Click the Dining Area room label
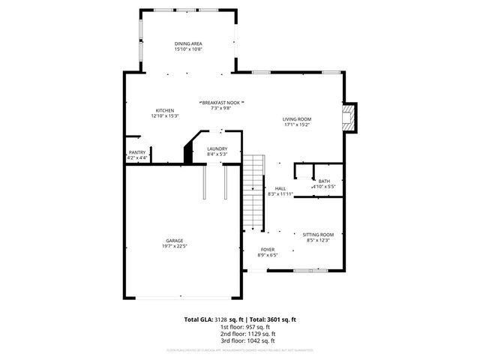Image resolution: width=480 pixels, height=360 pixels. coord(189,43)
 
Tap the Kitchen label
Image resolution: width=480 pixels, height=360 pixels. coord(165,110)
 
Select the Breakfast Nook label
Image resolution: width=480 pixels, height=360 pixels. coord(221,102)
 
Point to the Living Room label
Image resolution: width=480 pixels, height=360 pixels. coord(297,118)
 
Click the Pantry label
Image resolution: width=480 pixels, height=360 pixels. coord(137,153)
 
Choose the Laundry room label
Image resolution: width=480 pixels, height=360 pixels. coord(217,149)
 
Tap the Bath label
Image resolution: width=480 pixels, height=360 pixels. coord(324,181)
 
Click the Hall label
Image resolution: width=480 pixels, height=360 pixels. coord(280,188)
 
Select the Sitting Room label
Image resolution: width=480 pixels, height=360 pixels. coord(318,235)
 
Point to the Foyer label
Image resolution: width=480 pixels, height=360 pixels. coord(268,250)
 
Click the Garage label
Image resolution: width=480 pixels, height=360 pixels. coord(175,241)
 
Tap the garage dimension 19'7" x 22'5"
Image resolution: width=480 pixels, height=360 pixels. coord(175,246)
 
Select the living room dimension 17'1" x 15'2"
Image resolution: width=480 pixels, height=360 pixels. coord(297,124)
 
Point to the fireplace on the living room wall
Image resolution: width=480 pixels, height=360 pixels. coord(348,117)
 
